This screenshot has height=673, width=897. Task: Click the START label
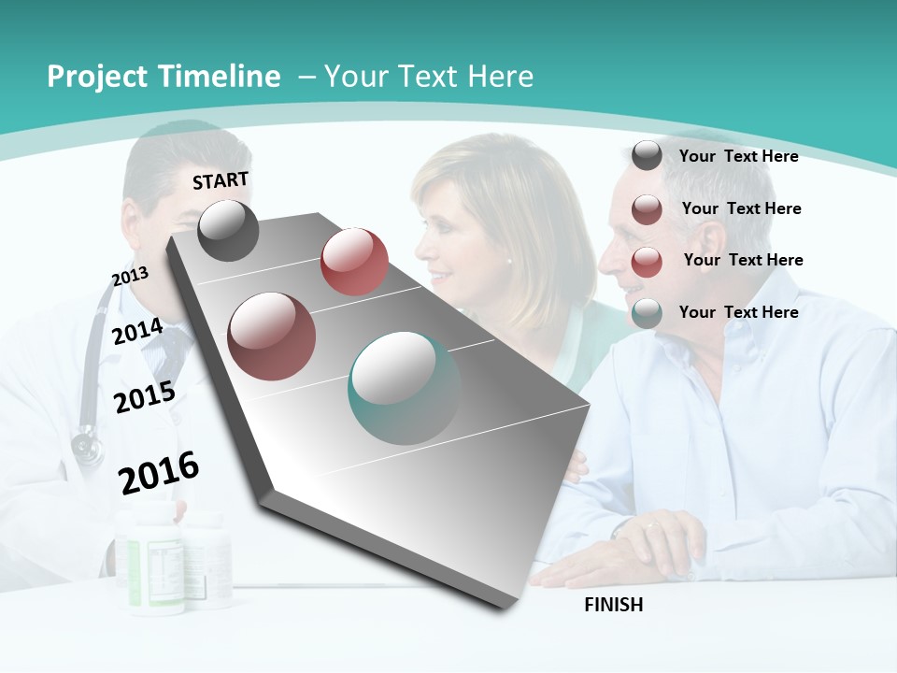[x=221, y=180]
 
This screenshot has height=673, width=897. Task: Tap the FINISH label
[x=614, y=605]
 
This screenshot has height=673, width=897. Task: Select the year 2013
[x=130, y=276]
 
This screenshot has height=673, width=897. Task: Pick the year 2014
[x=137, y=332]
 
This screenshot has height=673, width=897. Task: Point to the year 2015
[x=144, y=397]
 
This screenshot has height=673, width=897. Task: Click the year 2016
[x=159, y=472]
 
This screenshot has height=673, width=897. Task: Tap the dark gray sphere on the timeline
[x=228, y=230]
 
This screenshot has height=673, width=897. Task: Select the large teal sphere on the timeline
[x=404, y=388]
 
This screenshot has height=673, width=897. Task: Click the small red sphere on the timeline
[x=354, y=261]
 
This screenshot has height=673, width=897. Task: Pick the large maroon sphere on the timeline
[x=272, y=336]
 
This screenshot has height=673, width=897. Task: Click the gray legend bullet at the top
[x=647, y=156]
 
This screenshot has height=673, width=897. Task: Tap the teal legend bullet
[x=647, y=313]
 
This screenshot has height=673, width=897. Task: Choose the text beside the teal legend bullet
[x=738, y=312]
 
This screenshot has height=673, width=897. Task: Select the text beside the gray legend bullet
[x=738, y=156]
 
